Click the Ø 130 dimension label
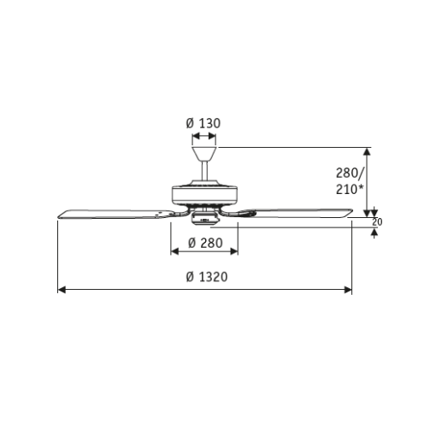tap(203, 123)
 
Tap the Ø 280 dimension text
tap(205, 243)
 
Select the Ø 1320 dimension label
tap(207, 277)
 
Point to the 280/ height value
tap(351, 173)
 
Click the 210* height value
tap(351, 189)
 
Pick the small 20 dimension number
tap(377, 222)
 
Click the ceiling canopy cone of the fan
tap(204, 154)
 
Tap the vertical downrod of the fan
tap(204, 171)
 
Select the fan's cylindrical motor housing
tap(204, 195)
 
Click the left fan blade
tap(115, 215)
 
